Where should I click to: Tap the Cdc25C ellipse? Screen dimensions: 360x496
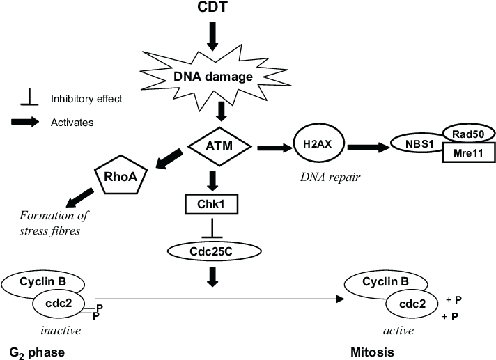point(210,251)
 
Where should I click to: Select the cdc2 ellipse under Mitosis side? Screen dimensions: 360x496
point(412,304)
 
